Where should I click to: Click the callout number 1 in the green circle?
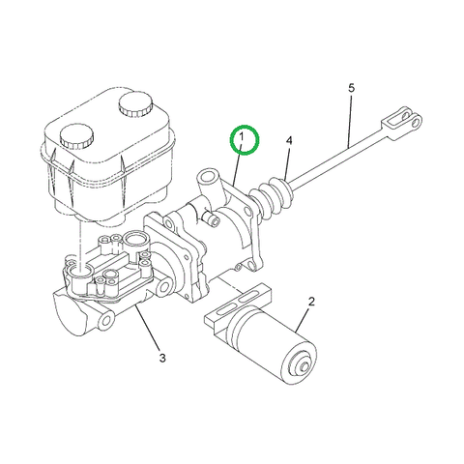pyautogui.click(x=244, y=141)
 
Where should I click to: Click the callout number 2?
pyautogui.click(x=311, y=303)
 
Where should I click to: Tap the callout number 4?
pyautogui.click(x=288, y=141)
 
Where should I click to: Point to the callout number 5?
pyautogui.click(x=351, y=88)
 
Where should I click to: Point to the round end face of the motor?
pyautogui.click(x=301, y=363)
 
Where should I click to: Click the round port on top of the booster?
pyautogui.click(x=207, y=180)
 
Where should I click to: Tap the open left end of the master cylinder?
pyautogui.click(x=66, y=311)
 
